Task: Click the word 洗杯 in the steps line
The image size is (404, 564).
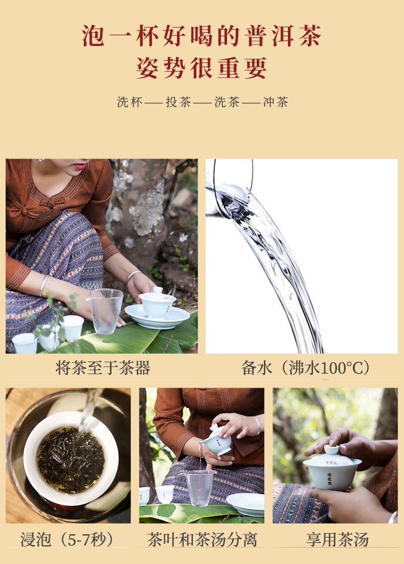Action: (x=129, y=102)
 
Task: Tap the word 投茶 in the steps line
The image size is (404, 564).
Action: (x=178, y=102)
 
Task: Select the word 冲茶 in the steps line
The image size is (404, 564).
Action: (x=276, y=102)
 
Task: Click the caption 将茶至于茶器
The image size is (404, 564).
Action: (x=103, y=368)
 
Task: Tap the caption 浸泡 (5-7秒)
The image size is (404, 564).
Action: (x=66, y=540)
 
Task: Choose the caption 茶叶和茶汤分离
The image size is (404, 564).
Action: (x=202, y=540)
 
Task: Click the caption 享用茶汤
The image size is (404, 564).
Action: (x=337, y=540)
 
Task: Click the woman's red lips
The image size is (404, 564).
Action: (x=80, y=166)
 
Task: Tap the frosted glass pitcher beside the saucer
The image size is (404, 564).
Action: (x=105, y=311)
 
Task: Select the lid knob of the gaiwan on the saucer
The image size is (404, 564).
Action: (x=158, y=290)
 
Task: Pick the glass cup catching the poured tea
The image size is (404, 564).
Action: (x=199, y=488)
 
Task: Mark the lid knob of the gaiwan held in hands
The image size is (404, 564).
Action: (x=331, y=449)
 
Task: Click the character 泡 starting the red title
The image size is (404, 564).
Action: (x=93, y=36)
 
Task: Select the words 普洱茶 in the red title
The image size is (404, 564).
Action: (x=283, y=36)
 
